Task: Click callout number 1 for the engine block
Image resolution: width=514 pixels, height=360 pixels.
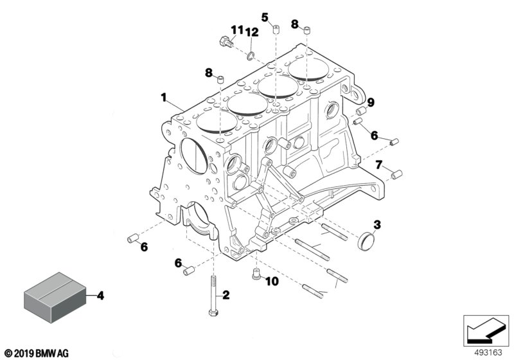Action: tap(164, 98)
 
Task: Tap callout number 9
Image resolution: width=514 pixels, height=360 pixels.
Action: tap(371, 102)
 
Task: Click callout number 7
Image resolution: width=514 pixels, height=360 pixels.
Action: tap(379, 166)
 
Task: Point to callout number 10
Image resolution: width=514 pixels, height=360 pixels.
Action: tap(271, 282)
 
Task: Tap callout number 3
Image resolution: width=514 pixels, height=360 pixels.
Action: tap(378, 224)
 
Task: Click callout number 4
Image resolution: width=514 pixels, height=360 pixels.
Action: tap(100, 296)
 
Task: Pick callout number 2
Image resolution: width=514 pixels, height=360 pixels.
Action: tap(226, 296)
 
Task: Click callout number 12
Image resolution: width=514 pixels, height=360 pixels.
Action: tap(251, 32)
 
